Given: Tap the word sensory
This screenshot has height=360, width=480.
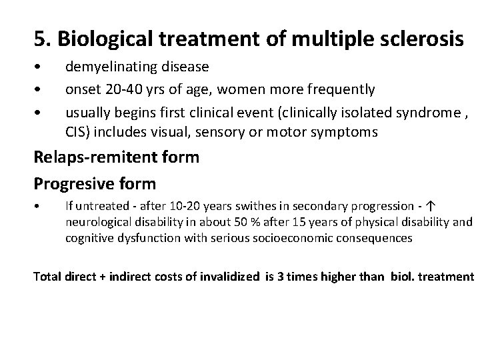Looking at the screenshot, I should pos(225,131).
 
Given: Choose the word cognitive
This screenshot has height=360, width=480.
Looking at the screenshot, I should pos(91,237).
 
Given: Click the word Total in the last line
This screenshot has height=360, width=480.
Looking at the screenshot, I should pos(48,275).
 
